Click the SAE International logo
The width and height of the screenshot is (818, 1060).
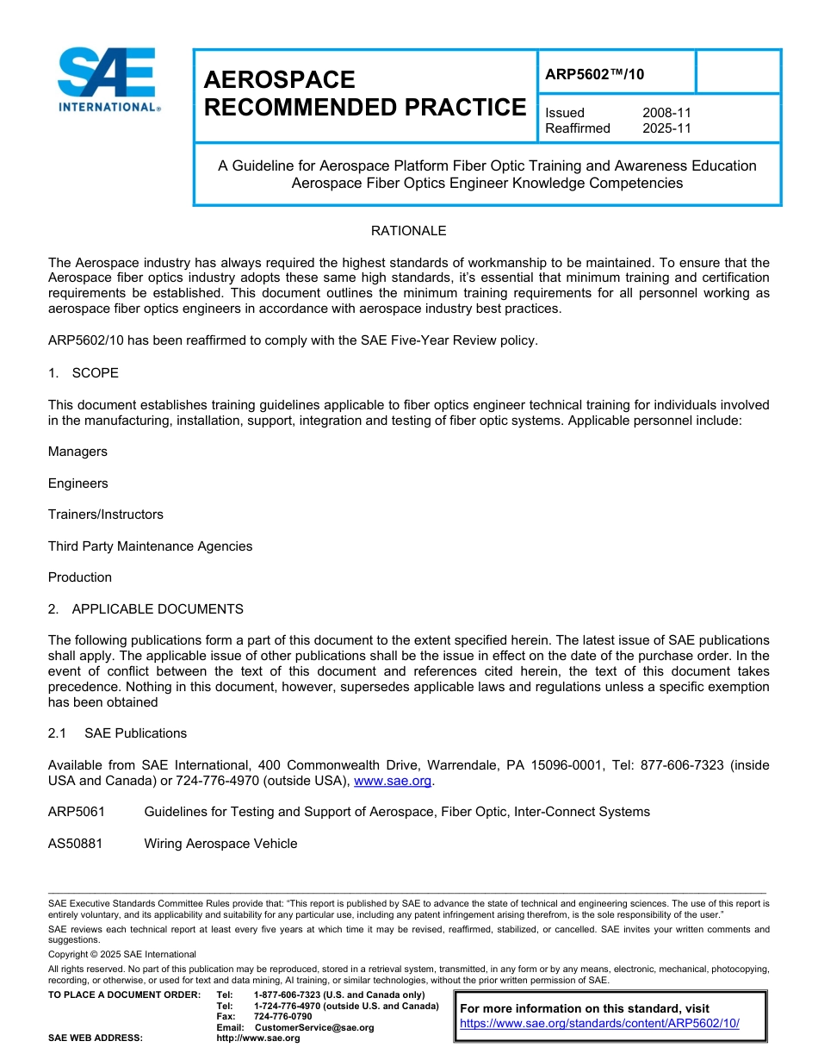coord(108,80)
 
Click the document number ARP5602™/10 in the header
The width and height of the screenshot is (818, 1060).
coord(594,74)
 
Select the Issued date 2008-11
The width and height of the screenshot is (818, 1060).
coord(666,113)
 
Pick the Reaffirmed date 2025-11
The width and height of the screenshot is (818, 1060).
coord(666,128)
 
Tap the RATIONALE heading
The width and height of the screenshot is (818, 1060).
coord(408,231)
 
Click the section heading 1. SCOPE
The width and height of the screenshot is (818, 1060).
coord(84,373)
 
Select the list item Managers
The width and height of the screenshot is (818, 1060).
coord(78,452)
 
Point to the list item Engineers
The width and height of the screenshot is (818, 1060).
coord(78,483)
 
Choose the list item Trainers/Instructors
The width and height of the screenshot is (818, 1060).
coord(106,514)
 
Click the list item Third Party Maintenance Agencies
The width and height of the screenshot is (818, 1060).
coord(151,546)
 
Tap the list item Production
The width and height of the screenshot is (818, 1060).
coord(80,577)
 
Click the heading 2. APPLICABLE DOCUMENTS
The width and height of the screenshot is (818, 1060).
coord(146,609)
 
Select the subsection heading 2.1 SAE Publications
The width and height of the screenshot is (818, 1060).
coord(118,733)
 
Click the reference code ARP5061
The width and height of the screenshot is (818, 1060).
coord(75,812)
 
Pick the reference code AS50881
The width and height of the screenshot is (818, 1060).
coord(75,844)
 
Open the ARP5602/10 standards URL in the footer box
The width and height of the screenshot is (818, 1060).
coord(599,1024)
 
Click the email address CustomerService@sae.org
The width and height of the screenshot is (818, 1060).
coord(313,1027)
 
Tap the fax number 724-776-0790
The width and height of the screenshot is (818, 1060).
coord(282,1017)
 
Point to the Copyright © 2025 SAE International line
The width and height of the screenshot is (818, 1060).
coord(122,954)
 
